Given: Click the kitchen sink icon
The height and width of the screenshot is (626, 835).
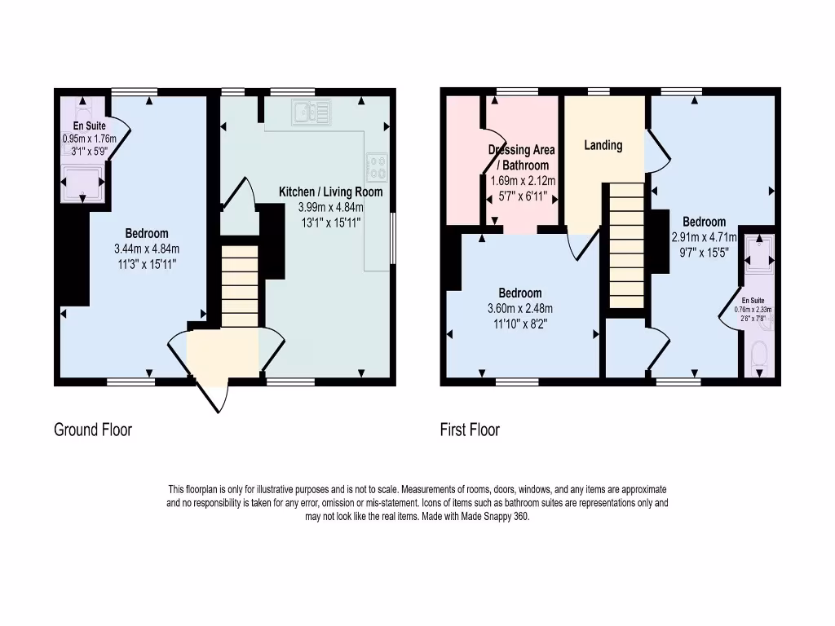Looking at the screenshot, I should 313,112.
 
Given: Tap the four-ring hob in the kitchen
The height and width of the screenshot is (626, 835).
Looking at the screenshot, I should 378,166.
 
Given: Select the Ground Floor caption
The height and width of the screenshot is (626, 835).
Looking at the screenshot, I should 93,430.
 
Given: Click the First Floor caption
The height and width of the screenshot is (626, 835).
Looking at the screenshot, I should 470,430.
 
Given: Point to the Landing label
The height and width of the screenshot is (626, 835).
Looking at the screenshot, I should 603,145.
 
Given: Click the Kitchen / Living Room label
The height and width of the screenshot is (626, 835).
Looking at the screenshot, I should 330,192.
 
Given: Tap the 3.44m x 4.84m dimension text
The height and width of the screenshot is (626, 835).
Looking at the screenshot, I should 146,249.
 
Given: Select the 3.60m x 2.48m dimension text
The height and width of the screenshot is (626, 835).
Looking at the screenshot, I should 519,308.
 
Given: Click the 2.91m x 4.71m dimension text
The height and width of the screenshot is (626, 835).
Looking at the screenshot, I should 704,238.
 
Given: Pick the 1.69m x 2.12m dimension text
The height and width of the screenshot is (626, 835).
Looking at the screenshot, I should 522,181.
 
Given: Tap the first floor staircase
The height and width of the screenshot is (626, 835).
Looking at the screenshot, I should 627,245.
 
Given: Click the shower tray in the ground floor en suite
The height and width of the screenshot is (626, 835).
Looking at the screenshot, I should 82,180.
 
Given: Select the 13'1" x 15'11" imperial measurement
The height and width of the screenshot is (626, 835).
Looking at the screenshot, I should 330,222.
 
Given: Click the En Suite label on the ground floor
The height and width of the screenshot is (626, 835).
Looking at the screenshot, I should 88,126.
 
